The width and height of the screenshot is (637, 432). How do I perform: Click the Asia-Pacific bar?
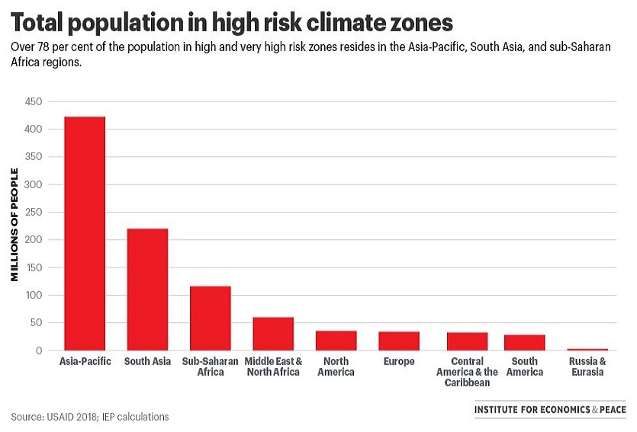point(85,233)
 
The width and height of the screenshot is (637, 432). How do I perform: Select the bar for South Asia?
point(147,290)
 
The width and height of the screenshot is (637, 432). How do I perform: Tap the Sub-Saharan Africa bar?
point(211,318)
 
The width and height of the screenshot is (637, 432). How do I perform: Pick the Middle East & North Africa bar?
point(273,334)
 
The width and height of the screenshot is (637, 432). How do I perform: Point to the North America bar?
point(336,341)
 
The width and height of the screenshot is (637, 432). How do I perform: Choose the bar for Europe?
point(399,341)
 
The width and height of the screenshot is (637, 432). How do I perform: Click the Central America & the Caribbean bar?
point(468,341)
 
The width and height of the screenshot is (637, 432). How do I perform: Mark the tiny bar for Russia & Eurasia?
point(587,349)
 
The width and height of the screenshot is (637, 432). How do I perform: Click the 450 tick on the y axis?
point(34,101)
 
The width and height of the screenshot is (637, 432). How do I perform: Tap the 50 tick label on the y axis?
point(36,323)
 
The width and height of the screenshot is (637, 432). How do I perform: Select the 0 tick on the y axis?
point(39,350)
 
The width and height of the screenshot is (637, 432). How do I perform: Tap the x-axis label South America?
point(525,366)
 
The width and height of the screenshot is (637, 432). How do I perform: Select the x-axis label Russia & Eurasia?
point(587,366)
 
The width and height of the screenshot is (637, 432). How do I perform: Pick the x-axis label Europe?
point(399,361)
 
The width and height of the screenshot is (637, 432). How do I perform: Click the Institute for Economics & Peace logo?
point(549,410)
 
